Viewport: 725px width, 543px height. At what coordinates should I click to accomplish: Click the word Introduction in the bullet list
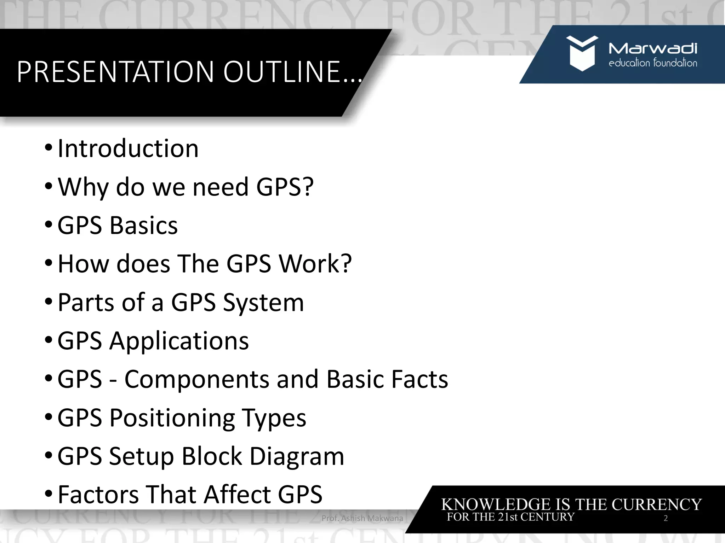128,148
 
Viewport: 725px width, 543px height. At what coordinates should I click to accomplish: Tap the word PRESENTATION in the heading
115,72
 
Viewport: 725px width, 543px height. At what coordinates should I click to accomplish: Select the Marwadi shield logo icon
582,53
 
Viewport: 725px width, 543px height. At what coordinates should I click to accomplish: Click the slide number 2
666,518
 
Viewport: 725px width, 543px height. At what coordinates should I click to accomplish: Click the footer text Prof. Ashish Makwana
362,518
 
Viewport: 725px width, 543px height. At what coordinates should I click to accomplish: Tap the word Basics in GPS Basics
144,226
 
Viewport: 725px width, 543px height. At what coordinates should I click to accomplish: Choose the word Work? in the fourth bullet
315,264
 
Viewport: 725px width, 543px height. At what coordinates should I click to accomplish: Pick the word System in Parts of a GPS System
263,303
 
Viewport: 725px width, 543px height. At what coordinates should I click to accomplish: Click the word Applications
179,341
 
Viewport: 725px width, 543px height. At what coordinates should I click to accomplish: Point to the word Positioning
172,418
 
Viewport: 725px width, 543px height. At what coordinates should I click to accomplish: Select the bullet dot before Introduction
48,147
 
